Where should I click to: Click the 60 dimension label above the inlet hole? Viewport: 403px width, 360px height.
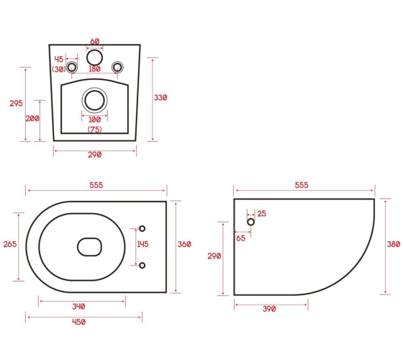click(94, 41)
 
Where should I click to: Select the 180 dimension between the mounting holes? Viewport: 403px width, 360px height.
click(94, 69)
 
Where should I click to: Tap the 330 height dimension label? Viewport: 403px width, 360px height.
click(160, 98)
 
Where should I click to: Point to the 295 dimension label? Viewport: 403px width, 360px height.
click(16, 104)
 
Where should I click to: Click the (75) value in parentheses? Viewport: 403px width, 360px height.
click(94, 130)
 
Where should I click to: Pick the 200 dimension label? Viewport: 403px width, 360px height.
click(32, 119)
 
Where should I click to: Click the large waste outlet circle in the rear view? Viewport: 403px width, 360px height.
click(94, 100)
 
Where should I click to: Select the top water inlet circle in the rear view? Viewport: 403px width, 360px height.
click(94, 58)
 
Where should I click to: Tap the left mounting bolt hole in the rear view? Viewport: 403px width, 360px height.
click(72, 68)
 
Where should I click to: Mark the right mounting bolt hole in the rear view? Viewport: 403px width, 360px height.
click(117, 68)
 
